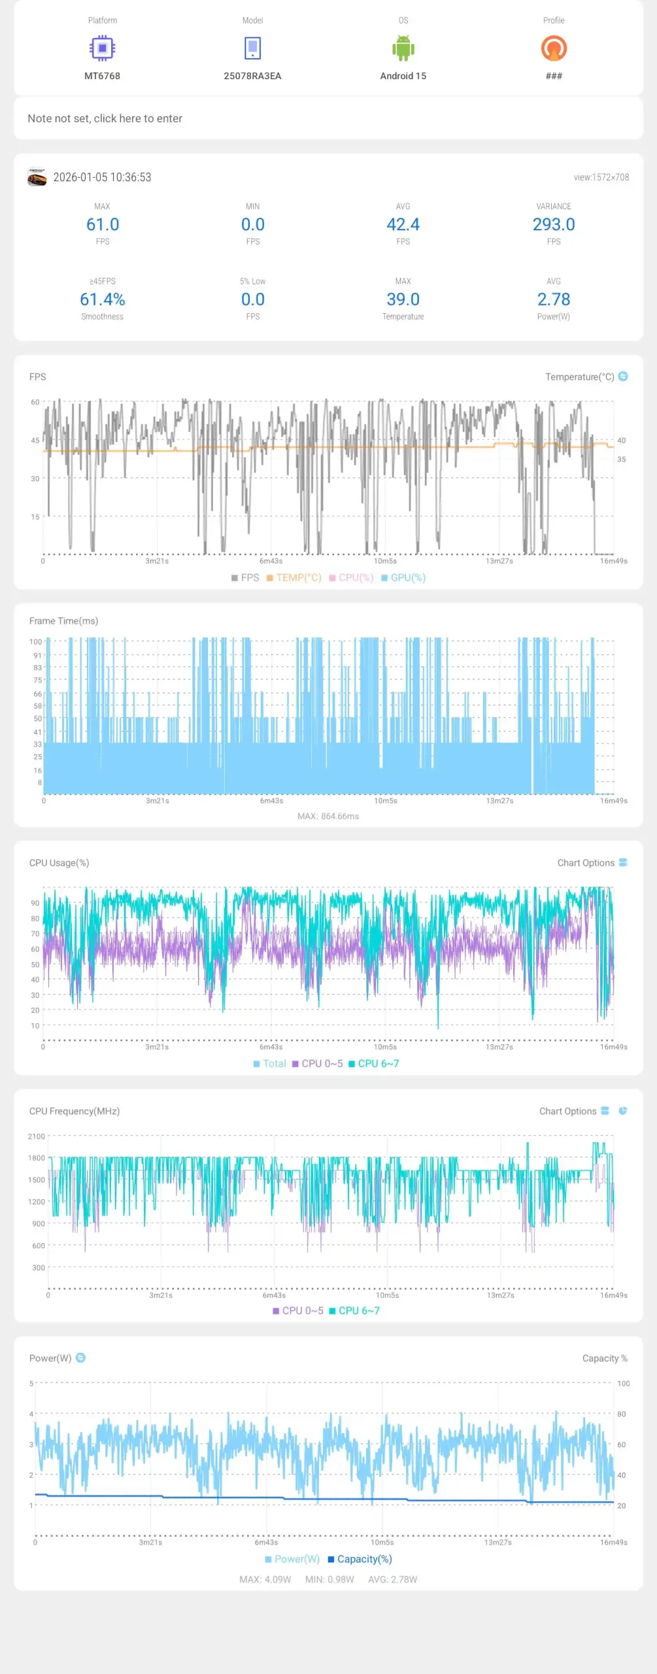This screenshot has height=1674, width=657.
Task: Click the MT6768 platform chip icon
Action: click(102, 48)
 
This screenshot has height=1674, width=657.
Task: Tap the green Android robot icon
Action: click(403, 48)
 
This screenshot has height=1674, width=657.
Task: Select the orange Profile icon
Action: click(554, 48)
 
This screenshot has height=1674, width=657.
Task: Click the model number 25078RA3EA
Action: click(252, 76)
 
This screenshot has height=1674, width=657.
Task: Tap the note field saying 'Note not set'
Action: click(105, 118)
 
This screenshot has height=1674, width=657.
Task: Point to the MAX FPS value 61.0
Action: click(103, 225)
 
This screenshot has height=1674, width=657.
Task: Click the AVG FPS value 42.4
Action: click(403, 225)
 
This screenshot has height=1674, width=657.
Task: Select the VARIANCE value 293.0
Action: click(554, 225)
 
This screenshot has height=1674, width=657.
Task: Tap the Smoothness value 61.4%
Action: click(103, 299)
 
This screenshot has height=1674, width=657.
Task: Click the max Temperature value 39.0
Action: click(403, 299)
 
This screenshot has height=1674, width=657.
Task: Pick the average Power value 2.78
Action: click(554, 299)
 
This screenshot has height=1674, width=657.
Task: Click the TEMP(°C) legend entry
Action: click(294, 577)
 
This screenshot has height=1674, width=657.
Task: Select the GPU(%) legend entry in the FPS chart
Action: click(403, 577)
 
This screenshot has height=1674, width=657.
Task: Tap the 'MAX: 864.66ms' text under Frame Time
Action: click(328, 816)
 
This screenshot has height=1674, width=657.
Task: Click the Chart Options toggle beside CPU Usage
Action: click(622, 863)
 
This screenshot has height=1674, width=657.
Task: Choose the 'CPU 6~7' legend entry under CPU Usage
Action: click(374, 1063)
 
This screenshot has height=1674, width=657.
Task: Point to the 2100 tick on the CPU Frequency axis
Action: click(37, 1136)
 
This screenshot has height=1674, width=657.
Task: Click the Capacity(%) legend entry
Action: click(360, 1559)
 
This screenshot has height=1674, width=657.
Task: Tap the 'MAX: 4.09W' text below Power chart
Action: click(265, 1579)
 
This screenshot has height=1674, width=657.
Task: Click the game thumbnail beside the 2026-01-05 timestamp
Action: click(37, 177)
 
